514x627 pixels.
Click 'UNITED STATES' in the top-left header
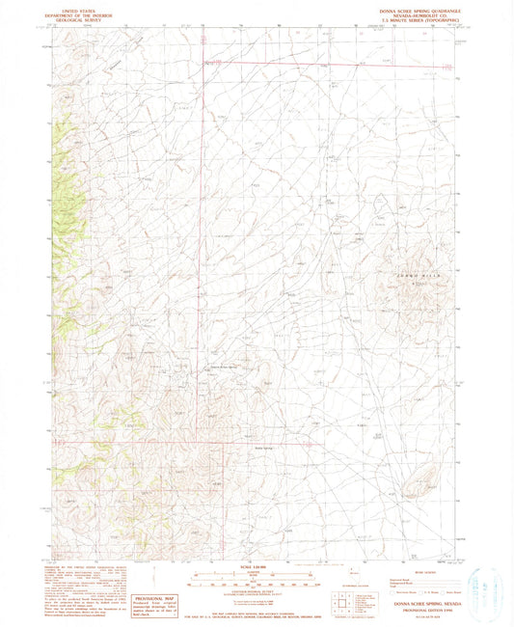pos(76,8)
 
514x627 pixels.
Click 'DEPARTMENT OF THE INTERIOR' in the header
pos(76,13)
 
